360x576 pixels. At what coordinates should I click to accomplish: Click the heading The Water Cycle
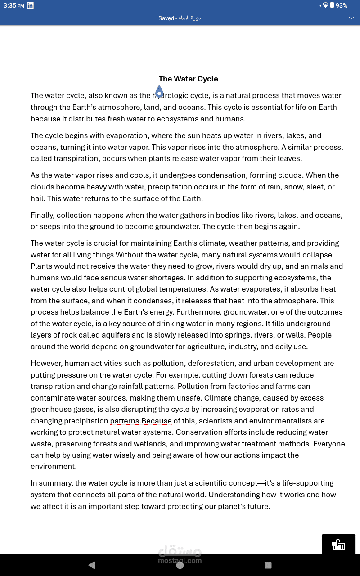[188, 79]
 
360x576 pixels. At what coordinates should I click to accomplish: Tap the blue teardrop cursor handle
[159, 92]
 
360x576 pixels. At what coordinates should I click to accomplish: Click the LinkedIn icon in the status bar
[30, 5]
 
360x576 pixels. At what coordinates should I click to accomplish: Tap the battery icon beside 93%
[332, 5]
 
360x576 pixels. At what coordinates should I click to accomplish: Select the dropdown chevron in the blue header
[351, 18]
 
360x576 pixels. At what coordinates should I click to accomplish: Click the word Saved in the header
[166, 18]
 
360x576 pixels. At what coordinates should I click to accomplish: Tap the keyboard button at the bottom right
[338, 544]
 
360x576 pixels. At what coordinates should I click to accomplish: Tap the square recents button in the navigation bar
[268, 565]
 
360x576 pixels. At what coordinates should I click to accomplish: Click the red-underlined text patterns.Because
[141, 421]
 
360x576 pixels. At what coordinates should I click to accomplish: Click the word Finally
[42, 215]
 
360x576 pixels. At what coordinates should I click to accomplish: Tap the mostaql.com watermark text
[180, 561]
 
